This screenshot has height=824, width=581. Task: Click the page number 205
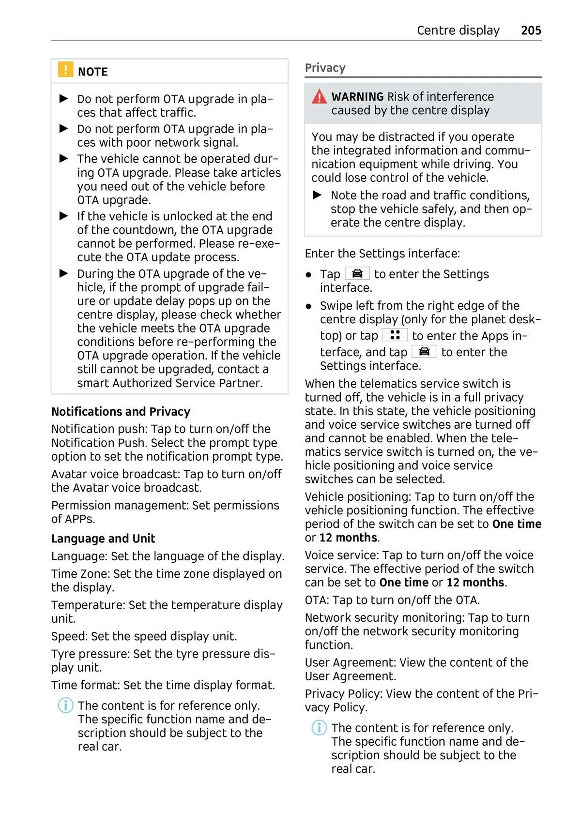point(531,30)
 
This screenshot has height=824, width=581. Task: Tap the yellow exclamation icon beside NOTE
point(65,70)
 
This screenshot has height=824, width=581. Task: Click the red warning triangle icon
point(319,97)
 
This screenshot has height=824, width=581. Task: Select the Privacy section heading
point(325,68)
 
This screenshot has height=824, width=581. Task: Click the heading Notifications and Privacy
point(121,412)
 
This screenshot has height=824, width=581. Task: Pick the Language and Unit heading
point(103,539)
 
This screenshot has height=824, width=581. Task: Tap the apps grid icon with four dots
point(395,335)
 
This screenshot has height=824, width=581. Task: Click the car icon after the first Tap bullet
point(357,274)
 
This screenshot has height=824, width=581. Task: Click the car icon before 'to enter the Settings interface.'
point(424,351)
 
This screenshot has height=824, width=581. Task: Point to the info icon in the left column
point(65,705)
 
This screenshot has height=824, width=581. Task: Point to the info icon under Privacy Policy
point(319,728)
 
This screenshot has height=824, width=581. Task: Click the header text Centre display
point(458,30)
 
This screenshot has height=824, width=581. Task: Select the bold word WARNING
point(357,97)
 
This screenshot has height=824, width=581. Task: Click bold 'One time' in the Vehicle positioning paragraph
point(517,524)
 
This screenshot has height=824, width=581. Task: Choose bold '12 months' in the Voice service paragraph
point(475,583)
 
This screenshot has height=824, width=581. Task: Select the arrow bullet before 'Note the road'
point(318,195)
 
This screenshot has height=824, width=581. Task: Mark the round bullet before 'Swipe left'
point(308,306)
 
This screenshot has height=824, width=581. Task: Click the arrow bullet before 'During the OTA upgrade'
point(63,273)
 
